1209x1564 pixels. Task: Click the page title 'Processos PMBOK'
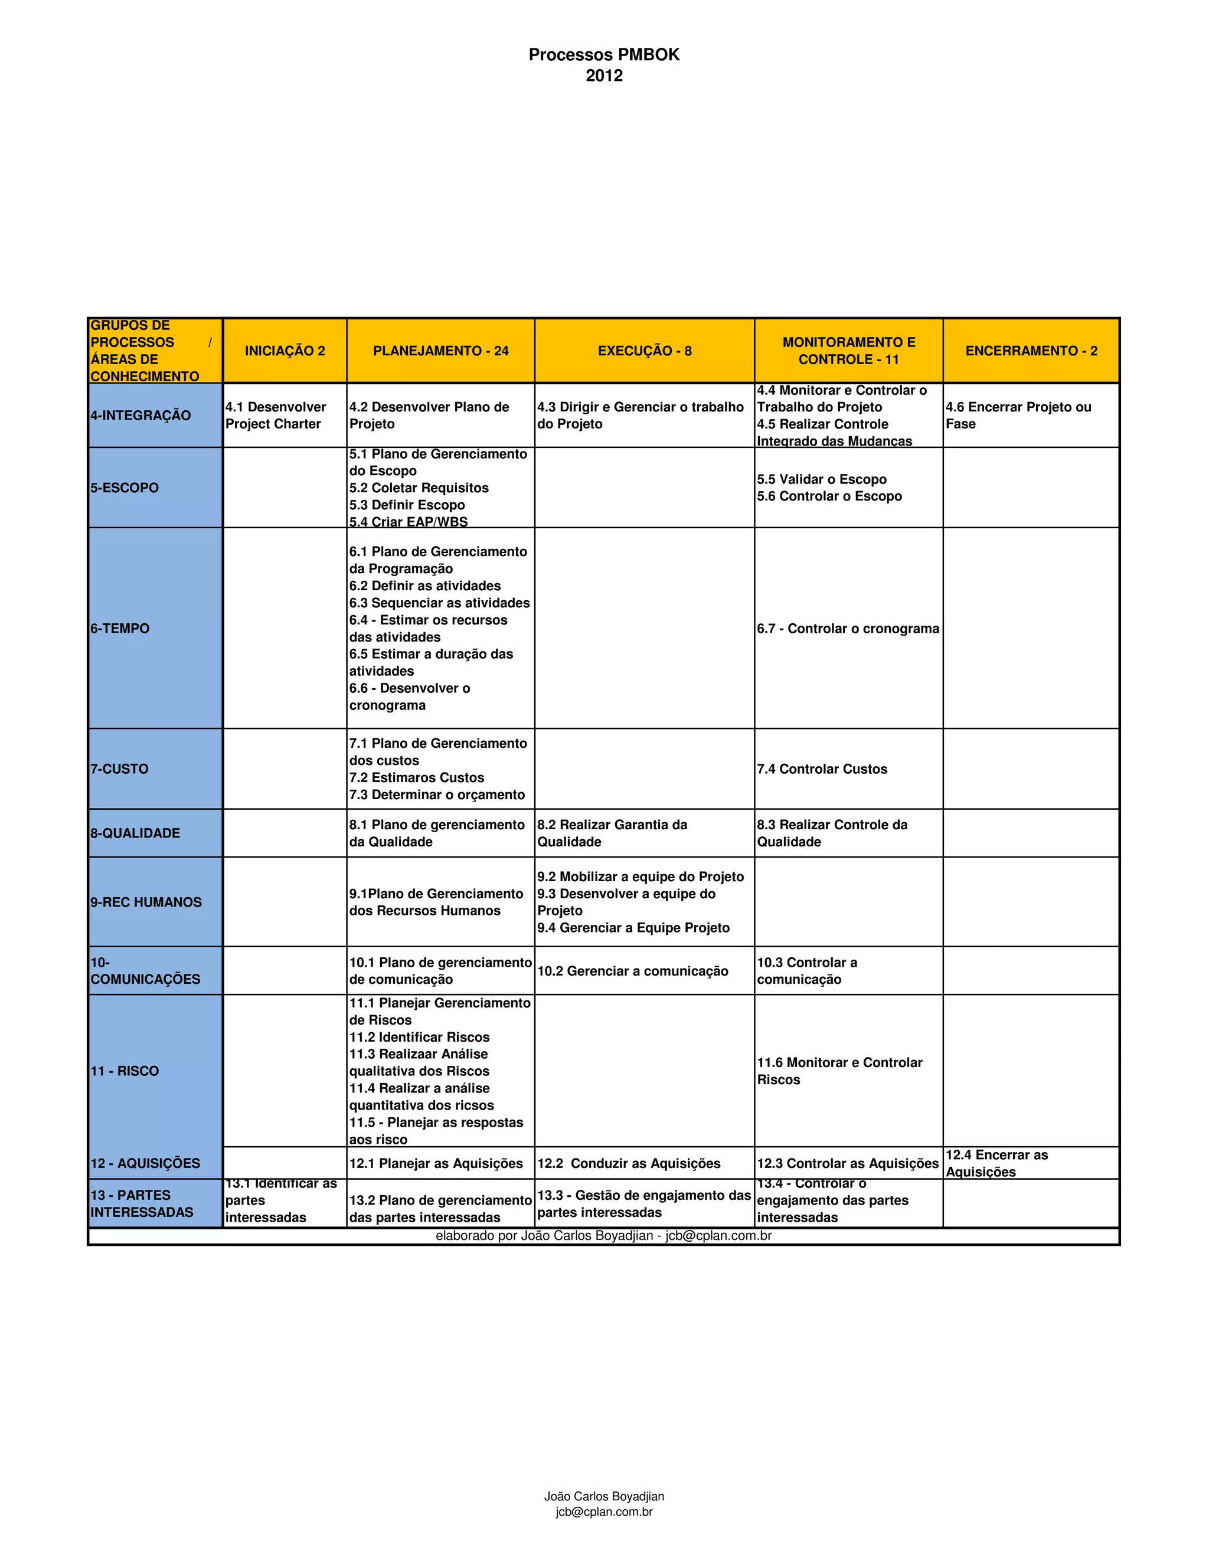pos(604,54)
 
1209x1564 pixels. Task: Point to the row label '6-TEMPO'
pos(120,629)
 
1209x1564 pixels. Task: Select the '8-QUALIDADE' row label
pos(135,833)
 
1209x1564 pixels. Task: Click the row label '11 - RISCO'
pos(125,1071)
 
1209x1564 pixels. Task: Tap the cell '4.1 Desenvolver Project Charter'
pos(276,415)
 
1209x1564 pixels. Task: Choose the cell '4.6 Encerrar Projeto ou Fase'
pos(1018,415)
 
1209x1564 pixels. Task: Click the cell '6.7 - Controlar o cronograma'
pos(848,629)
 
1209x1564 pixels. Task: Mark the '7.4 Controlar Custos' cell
pos(822,769)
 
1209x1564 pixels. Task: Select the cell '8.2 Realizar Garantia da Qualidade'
pos(612,833)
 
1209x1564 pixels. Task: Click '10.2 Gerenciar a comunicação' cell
pos(632,971)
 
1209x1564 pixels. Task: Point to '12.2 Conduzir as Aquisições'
pos(629,1164)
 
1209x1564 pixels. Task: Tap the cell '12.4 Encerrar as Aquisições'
pos(996,1164)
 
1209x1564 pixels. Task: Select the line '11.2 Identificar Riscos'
pos(420,1038)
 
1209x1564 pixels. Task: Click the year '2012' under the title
pos(604,76)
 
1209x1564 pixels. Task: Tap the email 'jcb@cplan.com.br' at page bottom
pos(604,1511)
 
